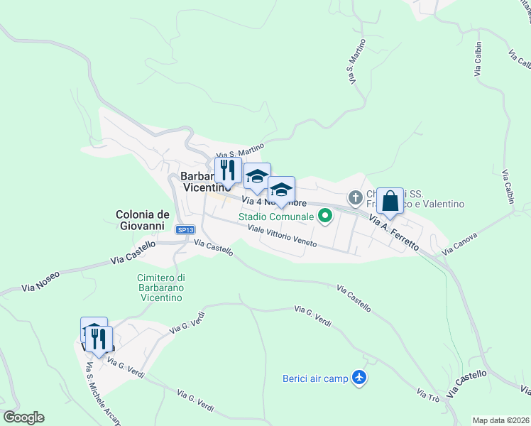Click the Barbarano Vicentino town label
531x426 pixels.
[x=206, y=182]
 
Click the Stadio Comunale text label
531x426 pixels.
[x=276, y=216]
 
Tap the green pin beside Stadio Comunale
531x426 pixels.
[x=326, y=214]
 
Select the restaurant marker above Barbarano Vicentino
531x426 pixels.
[x=228, y=170]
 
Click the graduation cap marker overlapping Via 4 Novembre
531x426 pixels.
[x=281, y=190]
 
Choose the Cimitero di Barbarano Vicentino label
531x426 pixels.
[x=162, y=288]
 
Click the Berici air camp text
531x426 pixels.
[x=315, y=378]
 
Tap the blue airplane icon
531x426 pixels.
[x=360, y=378]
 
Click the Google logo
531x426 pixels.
[x=23, y=417]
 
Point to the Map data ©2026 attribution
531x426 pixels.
[x=501, y=420]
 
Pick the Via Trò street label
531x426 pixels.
[x=428, y=396]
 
